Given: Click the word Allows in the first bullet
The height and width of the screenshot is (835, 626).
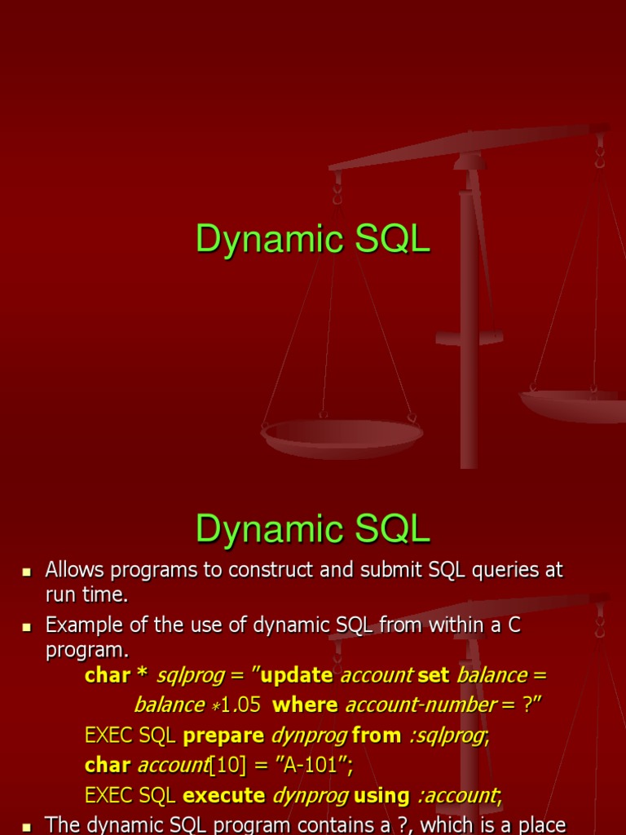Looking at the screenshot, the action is pos(74,569).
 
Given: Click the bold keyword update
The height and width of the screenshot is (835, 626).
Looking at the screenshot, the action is pos(297,675).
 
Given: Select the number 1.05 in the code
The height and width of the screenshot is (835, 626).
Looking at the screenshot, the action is pos(240,705).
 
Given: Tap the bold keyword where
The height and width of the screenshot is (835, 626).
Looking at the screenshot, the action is pos(305,705).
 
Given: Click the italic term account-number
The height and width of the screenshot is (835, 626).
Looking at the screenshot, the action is pos(421,705).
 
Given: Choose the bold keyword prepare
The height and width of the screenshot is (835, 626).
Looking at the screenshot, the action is pos(223,736).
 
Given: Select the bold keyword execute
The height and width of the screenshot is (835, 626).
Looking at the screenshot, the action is pos(224,796).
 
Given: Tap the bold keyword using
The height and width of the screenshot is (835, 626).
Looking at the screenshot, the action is pos(381,796).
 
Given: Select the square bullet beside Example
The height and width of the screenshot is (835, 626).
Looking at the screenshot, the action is pos(27,627).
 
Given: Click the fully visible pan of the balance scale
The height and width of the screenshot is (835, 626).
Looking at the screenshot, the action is pos(342,438).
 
